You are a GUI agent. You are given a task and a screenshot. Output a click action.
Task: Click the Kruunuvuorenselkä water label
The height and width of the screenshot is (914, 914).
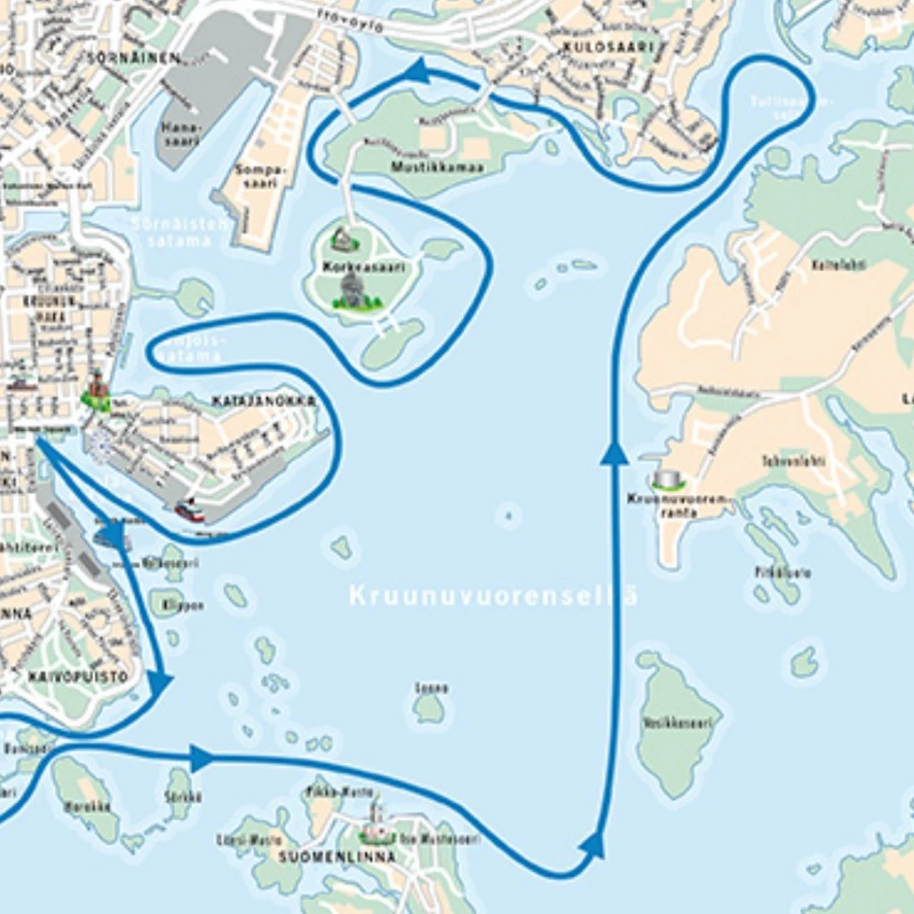coord(493,596)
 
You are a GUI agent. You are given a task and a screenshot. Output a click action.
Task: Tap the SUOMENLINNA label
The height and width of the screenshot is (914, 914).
coord(337,856)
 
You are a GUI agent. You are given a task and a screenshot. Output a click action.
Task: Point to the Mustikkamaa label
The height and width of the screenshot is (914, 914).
coord(437,167)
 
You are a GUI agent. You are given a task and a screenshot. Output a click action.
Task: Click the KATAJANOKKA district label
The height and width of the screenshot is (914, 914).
coord(263,402)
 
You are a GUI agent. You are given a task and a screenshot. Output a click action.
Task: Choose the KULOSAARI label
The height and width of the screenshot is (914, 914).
coord(608,47)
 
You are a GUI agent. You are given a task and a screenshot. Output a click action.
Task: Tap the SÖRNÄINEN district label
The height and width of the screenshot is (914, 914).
coord(134,58)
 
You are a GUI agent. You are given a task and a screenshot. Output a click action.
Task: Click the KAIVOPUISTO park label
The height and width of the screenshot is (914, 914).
coord(78,676)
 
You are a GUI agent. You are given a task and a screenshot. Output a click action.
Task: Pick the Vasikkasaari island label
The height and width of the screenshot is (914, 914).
coord(677,723)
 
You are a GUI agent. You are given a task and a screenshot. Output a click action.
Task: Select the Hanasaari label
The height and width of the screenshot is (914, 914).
coord(182,133)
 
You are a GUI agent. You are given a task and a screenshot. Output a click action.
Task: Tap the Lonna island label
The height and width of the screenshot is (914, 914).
coord(431,688)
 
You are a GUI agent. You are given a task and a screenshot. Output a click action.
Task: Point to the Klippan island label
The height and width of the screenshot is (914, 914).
coord(183,605)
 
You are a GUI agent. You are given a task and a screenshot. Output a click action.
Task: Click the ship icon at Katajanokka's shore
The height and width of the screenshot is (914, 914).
coord(189,510)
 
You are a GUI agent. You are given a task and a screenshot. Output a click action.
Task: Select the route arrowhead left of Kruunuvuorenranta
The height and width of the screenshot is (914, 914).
coord(614,453)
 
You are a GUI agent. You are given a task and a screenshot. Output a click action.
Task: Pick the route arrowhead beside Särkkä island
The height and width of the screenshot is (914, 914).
coord(201,758)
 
